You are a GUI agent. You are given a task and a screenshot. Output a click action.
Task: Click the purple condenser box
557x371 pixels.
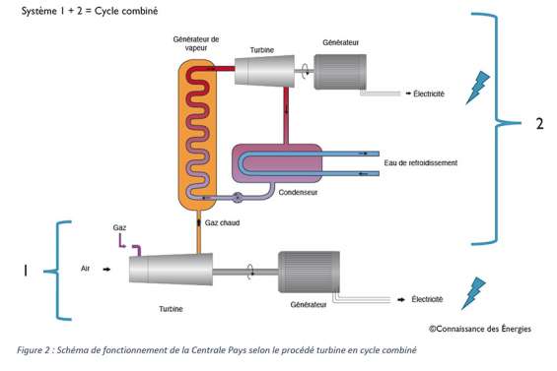point(277,163)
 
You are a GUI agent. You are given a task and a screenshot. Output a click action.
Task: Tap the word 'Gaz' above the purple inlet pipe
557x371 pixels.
point(119,227)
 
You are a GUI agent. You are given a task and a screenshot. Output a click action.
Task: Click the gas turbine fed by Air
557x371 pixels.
point(170,267)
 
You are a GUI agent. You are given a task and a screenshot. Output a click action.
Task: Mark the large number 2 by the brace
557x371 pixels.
point(538,125)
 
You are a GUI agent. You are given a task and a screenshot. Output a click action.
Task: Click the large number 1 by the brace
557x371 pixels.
point(25,269)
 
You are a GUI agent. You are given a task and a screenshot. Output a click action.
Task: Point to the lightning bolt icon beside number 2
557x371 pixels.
point(483,84)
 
